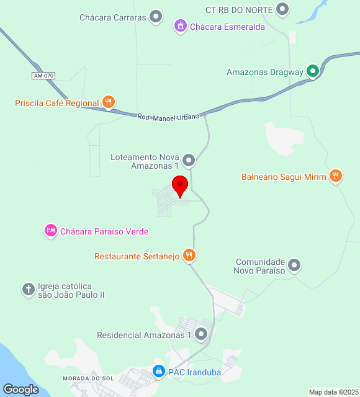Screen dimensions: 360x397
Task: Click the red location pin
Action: (x=180, y=185)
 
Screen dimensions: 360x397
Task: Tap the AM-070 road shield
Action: (x=44, y=76)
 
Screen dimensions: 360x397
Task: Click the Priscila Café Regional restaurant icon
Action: (x=109, y=102)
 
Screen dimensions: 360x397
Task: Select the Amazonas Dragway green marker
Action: (x=313, y=72)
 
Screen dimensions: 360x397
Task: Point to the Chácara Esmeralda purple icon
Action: (x=180, y=26)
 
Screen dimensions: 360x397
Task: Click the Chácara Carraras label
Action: (x=112, y=17)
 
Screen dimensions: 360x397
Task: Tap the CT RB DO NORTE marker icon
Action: (x=283, y=9)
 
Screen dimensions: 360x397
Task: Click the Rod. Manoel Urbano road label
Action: (x=168, y=116)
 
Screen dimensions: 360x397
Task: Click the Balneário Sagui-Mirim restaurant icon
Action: (x=336, y=176)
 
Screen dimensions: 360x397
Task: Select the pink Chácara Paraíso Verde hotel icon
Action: (x=50, y=231)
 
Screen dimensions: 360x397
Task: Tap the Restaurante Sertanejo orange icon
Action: (x=189, y=255)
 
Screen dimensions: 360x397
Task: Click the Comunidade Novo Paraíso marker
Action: (x=295, y=265)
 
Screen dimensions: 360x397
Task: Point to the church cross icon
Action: (x=28, y=289)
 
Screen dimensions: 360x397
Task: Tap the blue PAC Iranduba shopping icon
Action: (x=159, y=372)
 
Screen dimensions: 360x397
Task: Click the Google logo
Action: (x=20, y=389)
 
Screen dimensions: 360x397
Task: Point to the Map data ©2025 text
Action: (x=333, y=392)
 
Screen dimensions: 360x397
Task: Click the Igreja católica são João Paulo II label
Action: (x=71, y=290)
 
